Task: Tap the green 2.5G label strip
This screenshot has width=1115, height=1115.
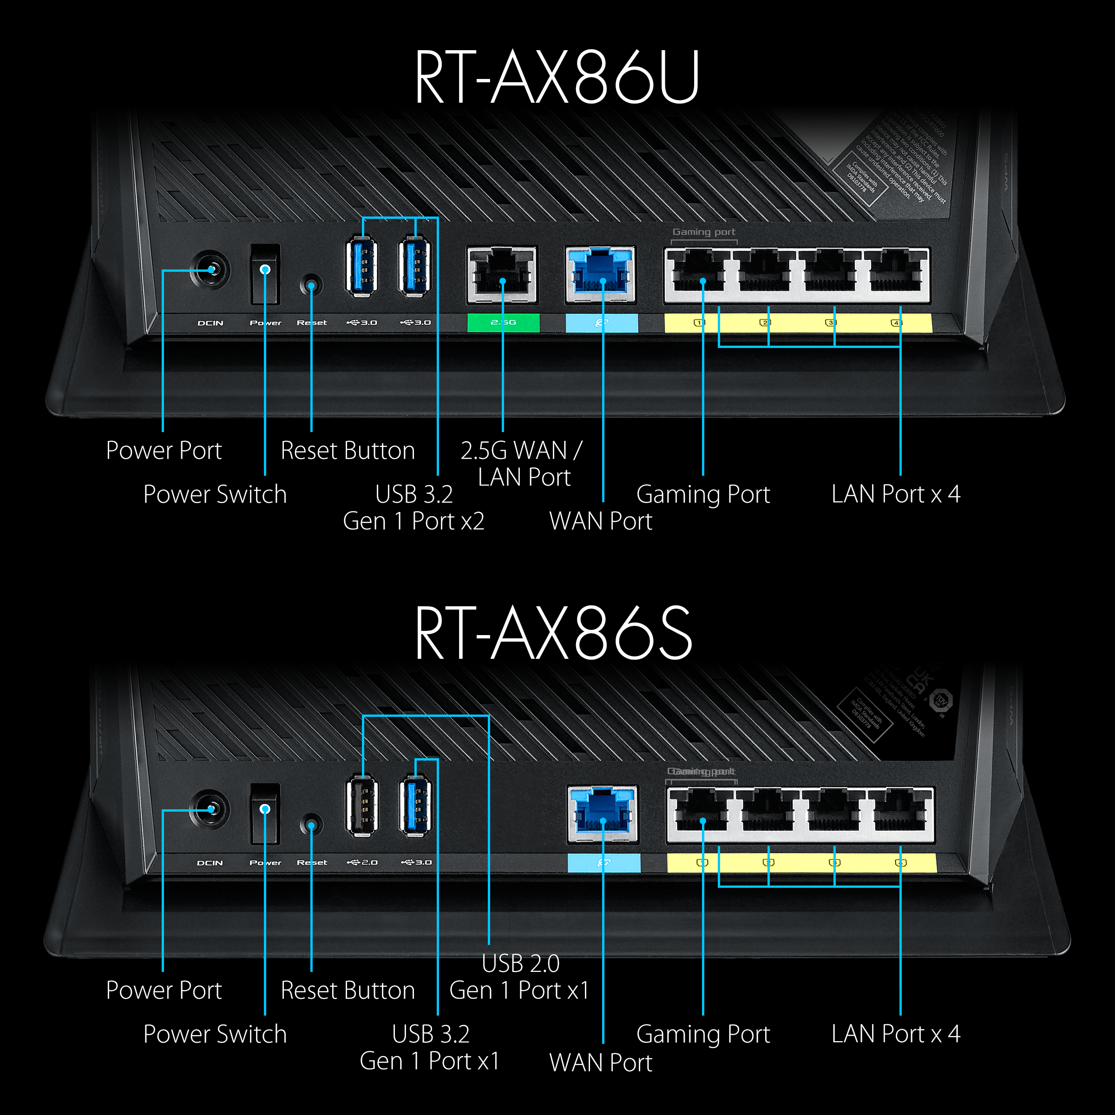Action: (x=503, y=322)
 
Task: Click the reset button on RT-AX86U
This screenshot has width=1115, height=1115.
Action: (x=311, y=285)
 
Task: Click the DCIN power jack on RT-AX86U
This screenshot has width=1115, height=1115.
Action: (x=210, y=269)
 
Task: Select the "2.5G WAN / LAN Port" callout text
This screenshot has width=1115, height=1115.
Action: (x=522, y=464)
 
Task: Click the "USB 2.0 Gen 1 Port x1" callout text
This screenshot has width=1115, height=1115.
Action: (x=519, y=977)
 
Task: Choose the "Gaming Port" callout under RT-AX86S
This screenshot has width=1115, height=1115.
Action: (x=703, y=1034)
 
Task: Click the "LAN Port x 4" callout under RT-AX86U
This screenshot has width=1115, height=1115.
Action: (x=896, y=494)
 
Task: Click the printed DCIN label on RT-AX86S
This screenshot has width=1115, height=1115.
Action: (x=210, y=863)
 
